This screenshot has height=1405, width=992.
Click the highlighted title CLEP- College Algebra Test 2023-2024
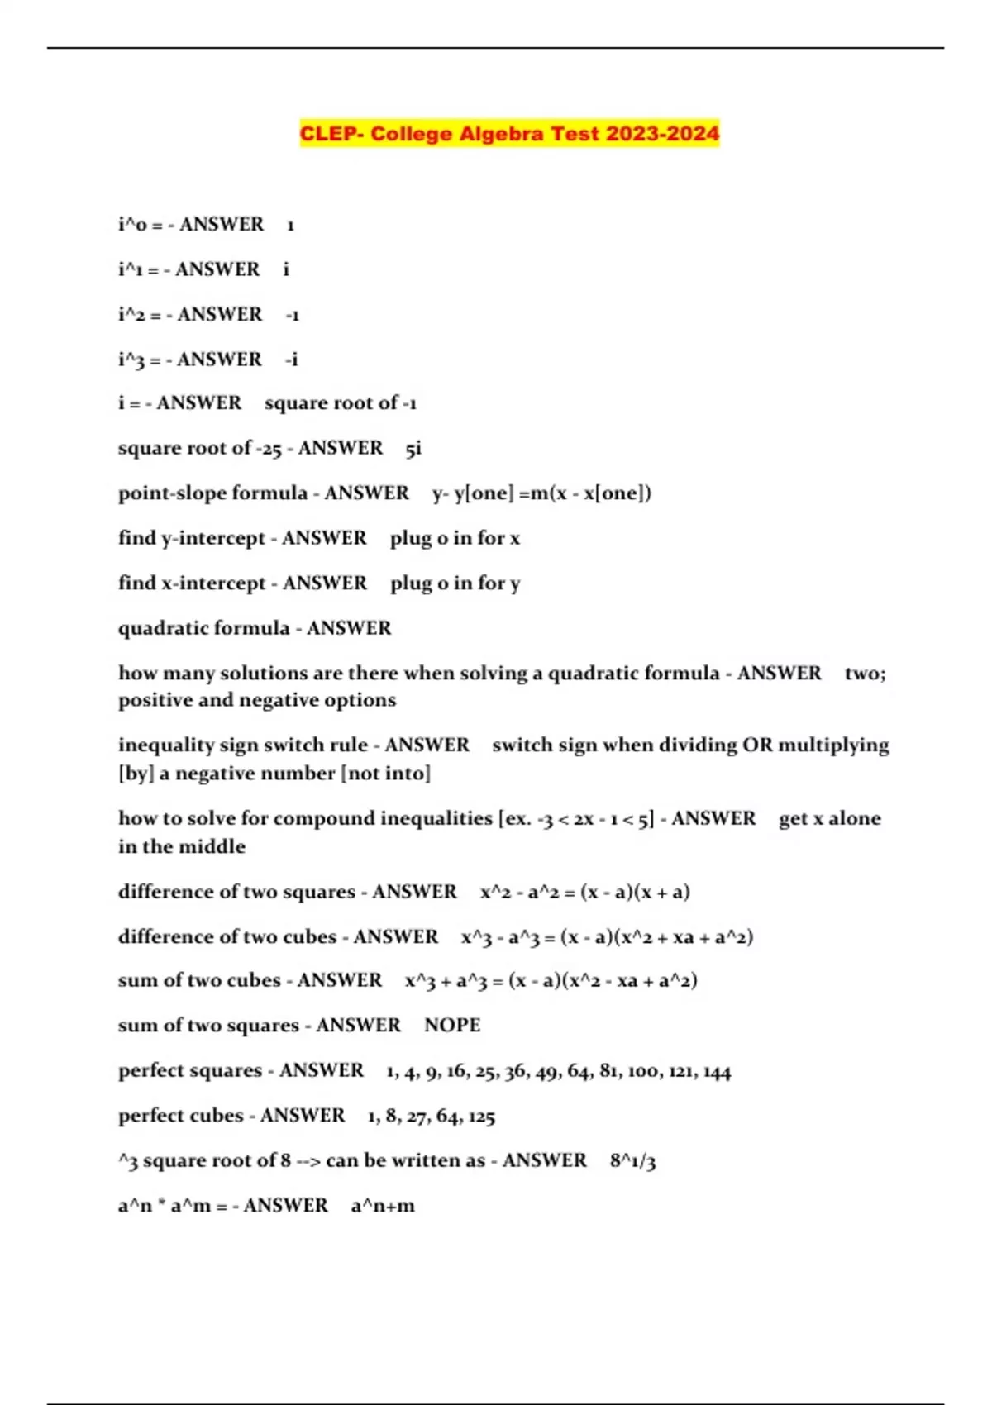[x=509, y=134]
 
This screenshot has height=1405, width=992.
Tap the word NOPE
[x=452, y=1026]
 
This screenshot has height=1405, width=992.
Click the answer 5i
[x=413, y=449]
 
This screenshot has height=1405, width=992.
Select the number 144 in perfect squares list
[x=717, y=1072]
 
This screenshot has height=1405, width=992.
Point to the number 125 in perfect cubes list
[x=481, y=1117]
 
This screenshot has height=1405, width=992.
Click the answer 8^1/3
[x=632, y=1161]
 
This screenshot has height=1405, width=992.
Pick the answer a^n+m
[x=383, y=1206]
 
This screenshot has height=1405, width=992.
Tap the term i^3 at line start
[x=131, y=360]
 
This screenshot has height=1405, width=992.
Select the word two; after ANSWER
[x=865, y=674]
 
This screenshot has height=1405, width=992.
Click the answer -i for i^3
[x=291, y=360]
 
